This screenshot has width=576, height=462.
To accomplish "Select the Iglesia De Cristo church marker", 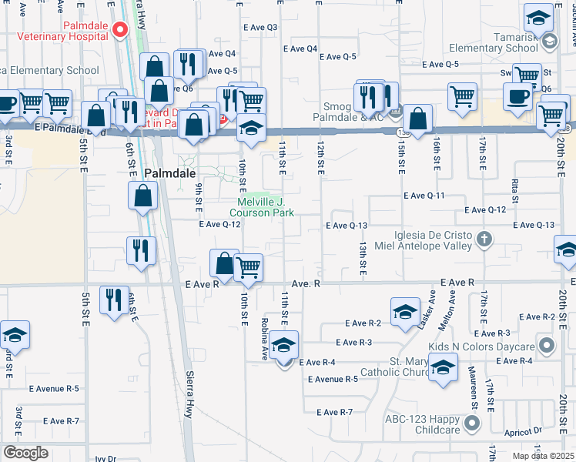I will pyautogui.click(x=484, y=239).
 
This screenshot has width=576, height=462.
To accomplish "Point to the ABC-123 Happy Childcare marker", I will pyautogui.click(x=471, y=423).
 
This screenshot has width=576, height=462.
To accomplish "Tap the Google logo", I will pyautogui.click(x=25, y=453).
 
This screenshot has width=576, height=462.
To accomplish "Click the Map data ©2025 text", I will pyautogui.click(x=542, y=456).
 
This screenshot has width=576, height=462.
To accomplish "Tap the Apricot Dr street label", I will pyautogui.click(x=527, y=434).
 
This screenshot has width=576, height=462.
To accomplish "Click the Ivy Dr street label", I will pyautogui.click(x=105, y=458).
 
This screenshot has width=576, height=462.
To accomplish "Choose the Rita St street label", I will pyautogui.click(x=514, y=188).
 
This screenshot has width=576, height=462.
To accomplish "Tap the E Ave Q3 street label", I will pyautogui.click(x=260, y=28).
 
